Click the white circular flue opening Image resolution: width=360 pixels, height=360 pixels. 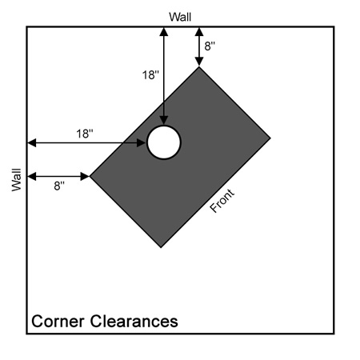164,142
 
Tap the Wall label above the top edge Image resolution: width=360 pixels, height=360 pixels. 180,17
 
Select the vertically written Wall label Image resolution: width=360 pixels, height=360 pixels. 16,179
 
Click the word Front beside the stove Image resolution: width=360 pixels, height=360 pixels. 222,201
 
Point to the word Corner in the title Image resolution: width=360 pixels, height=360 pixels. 58,321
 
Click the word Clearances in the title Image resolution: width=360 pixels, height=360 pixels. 134,321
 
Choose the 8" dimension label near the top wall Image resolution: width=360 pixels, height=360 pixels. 210,46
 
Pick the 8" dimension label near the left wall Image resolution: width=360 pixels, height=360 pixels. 59,186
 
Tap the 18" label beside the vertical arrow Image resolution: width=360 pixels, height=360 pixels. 150,75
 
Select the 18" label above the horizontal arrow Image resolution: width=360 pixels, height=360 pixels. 85,134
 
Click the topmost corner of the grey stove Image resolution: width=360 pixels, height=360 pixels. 198,67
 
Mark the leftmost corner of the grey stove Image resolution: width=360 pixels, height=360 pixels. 90,176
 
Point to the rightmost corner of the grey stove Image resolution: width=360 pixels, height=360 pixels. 270,138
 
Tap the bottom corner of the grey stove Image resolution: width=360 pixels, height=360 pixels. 161,247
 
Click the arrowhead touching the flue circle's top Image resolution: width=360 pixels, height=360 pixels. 164,121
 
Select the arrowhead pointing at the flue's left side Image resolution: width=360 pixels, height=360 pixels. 142,143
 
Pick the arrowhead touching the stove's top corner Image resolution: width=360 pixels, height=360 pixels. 199,62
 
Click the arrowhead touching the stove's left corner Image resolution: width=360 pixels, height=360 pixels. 85,176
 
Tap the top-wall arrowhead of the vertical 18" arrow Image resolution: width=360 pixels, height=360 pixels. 164,31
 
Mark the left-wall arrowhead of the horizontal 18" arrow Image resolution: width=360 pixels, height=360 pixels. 32,143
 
